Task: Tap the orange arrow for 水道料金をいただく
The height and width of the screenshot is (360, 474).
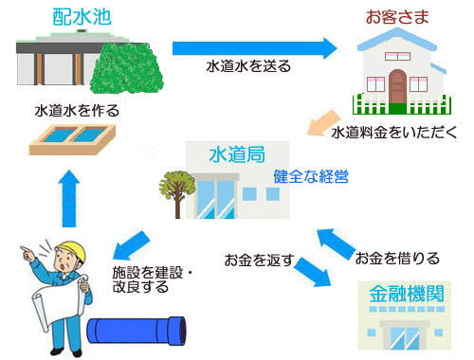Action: pos(324,119)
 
